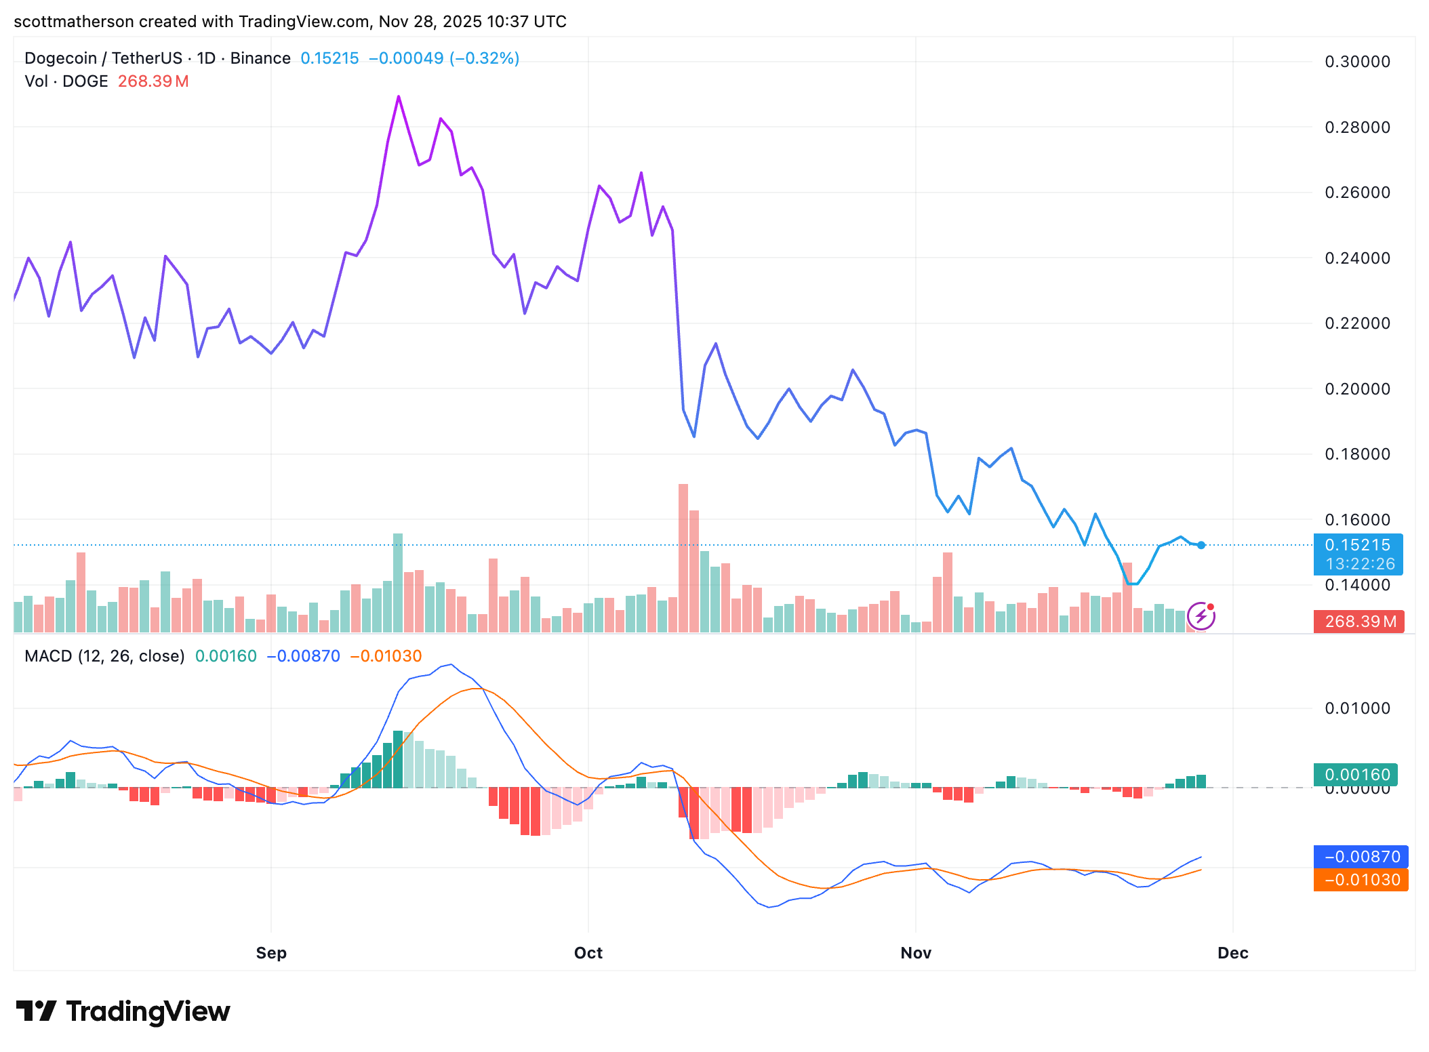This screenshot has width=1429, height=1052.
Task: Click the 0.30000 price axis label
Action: coord(1357,62)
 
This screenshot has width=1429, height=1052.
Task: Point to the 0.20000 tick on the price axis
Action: coord(1357,389)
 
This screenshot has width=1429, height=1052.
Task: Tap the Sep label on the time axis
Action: coord(271,953)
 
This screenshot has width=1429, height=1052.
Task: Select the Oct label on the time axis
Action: coord(588,953)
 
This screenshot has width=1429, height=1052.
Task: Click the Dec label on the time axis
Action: coord(1232,953)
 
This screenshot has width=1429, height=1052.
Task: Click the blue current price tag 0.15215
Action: coord(1358,545)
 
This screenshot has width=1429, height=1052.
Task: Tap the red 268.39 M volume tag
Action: coord(1360,622)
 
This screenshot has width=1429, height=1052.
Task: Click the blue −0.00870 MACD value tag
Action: coord(1361,857)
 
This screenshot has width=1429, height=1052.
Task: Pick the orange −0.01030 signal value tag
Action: coord(1361,880)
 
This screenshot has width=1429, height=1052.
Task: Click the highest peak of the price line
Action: coord(399,97)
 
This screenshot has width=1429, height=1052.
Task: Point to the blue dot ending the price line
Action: coord(1201,545)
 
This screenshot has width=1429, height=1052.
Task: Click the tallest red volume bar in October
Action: coord(683,556)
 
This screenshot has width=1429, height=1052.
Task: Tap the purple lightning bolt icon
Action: coord(1201,616)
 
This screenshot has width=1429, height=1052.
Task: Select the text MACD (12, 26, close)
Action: coord(104,656)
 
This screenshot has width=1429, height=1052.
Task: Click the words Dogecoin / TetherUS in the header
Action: coord(103,58)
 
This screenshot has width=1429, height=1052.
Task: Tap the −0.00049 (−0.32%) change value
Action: coord(444,58)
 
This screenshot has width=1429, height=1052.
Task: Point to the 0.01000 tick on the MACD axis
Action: coord(1357,708)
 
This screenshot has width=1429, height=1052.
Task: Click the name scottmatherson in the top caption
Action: coord(73,22)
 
